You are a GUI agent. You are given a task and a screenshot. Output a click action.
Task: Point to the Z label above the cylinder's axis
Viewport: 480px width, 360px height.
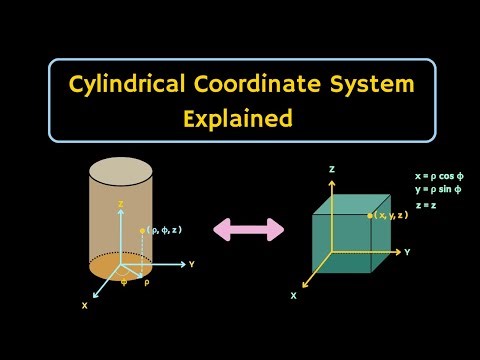pyautogui.click(x=121, y=203)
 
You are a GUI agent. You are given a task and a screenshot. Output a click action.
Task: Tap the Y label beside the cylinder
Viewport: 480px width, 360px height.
pyautogui.click(x=191, y=265)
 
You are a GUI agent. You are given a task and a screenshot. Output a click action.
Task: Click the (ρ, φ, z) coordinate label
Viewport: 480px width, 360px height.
pyautogui.click(x=164, y=230)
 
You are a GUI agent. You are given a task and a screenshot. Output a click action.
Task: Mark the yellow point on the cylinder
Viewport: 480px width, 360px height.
pyautogui.click(x=144, y=230)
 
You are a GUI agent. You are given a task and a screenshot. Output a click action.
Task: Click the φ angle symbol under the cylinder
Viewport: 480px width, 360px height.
pyautogui.click(x=124, y=282)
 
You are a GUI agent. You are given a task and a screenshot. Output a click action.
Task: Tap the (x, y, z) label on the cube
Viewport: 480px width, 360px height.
pyautogui.click(x=391, y=215)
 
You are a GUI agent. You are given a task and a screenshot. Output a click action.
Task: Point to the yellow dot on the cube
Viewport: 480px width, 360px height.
pyautogui.click(x=370, y=215)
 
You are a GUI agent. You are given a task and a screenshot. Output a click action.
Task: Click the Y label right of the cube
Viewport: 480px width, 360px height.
pyautogui.click(x=407, y=252)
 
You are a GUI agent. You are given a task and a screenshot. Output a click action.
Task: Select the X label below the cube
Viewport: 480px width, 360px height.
pyautogui.click(x=293, y=296)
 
